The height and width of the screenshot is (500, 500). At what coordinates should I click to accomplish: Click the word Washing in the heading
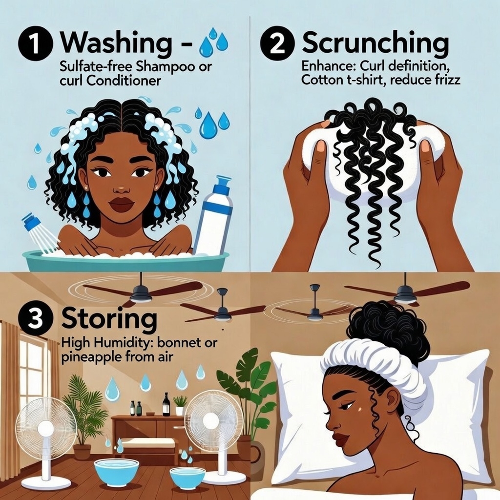tap(116, 43)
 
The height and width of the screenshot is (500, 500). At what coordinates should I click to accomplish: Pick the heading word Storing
tap(109, 319)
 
